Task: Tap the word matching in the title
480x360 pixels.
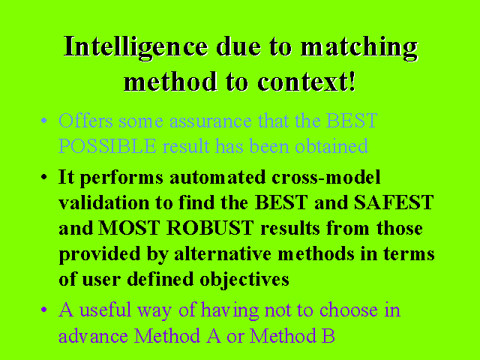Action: pyautogui.click(x=359, y=47)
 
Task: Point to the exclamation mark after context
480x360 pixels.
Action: pyautogui.click(x=352, y=81)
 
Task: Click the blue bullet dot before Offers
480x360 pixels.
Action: pyautogui.click(x=44, y=120)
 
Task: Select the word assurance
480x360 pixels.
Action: pyautogui.click(x=211, y=121)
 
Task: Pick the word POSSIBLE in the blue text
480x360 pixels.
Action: pyautogui.click(x=107, y=146)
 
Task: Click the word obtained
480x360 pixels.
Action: pyautogui.click(x=331, y=146)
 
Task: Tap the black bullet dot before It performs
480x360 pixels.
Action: pyautogui.click(x=44, y=177)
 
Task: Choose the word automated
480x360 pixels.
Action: pyautogui.click(x=217, y=177)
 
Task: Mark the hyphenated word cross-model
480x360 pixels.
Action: pyautogui.click(x=326, y=177)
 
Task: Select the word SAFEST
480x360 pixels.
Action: pyautogui.click(x=394, y=202)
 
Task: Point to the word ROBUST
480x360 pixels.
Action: pyautogui.click(x=210, y=228)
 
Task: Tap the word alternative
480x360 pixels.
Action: pyautogui.click(x=223, y=253)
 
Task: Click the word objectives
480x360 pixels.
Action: pyautogui.click(x=244, y=280)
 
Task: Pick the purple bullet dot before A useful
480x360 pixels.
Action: pyautogui.click(x=44, y=310)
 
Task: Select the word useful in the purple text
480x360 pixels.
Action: pyautogui.click(x=105, y=310)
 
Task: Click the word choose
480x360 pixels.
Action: pyautogui.click(x=349, y=310)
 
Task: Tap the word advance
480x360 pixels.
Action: pyautogui.click(x=93, y=336)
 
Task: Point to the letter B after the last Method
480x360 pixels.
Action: pyautogui.click(x=328, y=335)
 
